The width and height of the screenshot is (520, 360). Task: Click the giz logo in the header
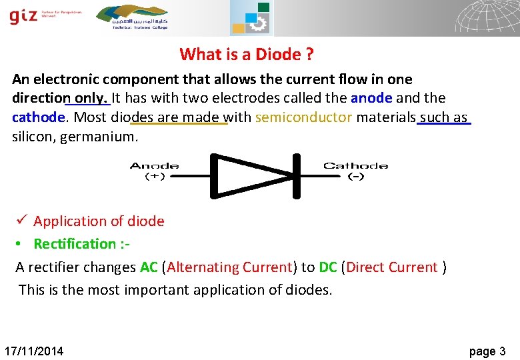click(x=24, y=16)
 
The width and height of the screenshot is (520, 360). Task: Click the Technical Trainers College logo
click(x=132, y=16)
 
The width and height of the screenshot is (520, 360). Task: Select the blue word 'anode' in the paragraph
click(x=371, y=98)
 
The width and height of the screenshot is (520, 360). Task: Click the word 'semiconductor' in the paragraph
click(x=303, y=118)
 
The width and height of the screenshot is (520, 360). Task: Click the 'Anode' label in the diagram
click(x=154, y=166)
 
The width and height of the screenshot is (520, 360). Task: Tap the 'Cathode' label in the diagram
click(x=356, y=166)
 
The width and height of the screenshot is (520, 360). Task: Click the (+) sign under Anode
click(x=155, y=177)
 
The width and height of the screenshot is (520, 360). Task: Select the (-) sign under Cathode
click(x=356, y=177)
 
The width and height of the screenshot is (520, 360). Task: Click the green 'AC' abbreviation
click(x=149, y=267)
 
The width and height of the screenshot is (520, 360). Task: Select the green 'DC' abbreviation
click(x=328, y=267)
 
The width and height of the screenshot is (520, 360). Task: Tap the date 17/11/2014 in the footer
click(x=34, y=351)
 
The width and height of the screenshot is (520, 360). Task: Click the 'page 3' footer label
click(x=487, y=351)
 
